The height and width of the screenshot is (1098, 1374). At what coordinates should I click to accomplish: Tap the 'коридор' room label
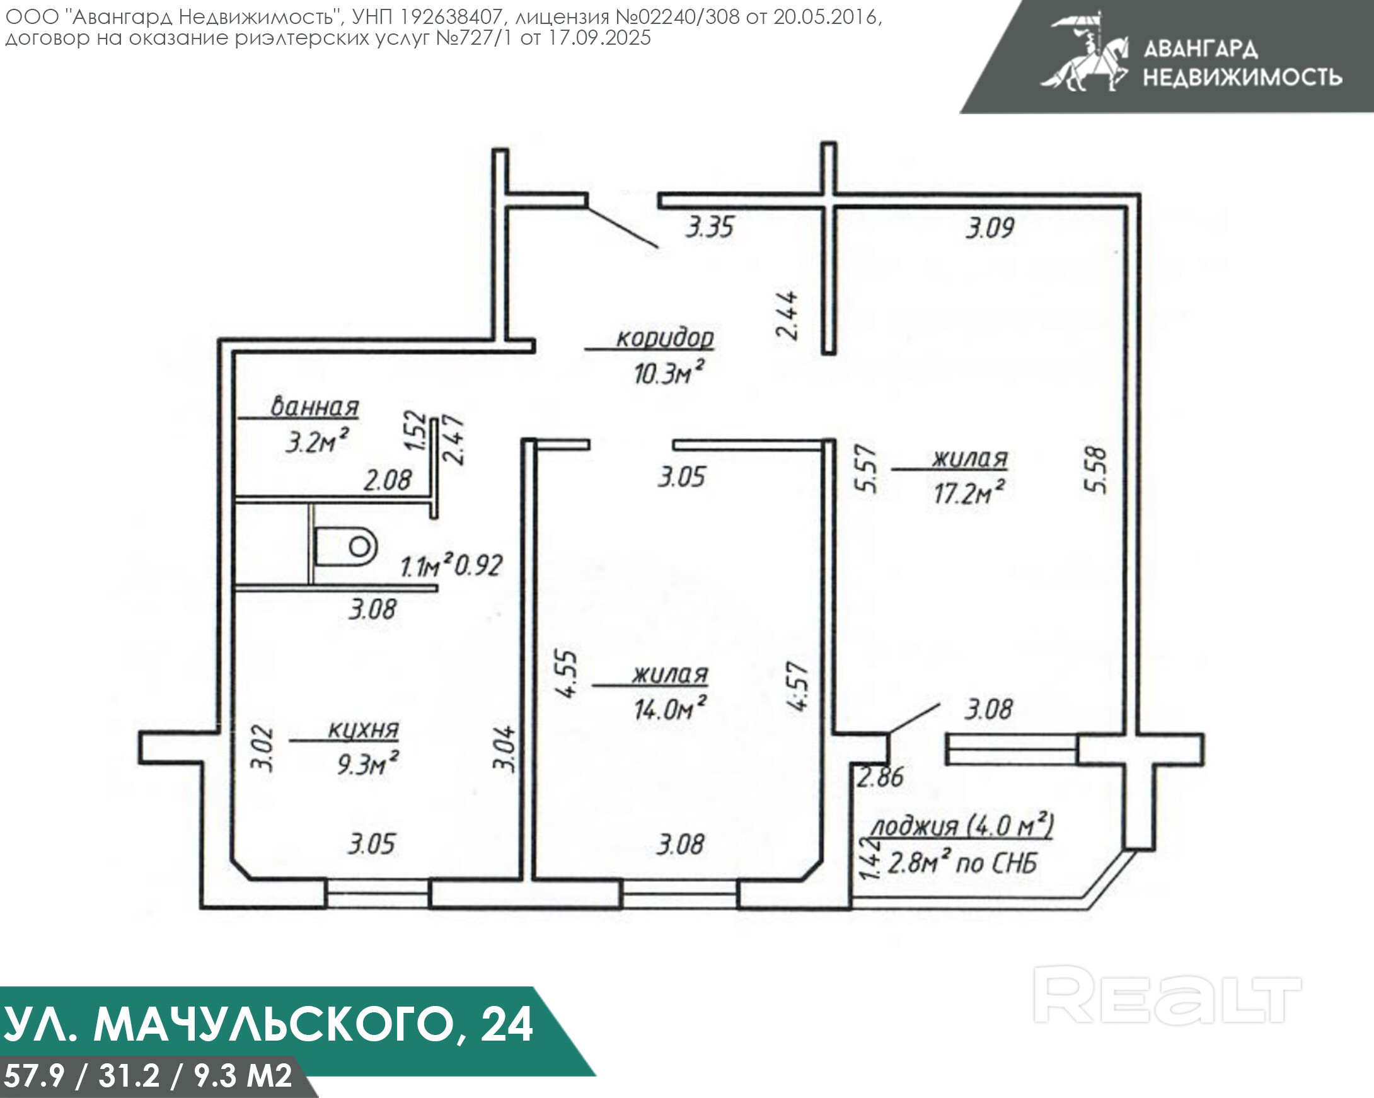point(665,338)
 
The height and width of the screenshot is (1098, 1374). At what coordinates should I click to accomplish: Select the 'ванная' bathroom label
point(315,406)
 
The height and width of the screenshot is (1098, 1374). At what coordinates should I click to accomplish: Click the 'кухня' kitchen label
point(363,729)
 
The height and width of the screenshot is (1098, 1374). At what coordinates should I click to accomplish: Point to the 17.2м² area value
point(969,492)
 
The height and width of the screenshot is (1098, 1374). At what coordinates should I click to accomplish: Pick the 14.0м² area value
point(670,708)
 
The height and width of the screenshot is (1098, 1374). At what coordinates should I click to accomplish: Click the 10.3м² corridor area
point(669,372)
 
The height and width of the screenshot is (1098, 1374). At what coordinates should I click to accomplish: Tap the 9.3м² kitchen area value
point(367,763)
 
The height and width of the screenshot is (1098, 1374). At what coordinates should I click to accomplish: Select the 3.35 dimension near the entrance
point(710,227)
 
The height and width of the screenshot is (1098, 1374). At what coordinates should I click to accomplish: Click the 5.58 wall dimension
point(1095,470)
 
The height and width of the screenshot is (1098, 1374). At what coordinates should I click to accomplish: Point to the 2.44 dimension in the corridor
point(787,315)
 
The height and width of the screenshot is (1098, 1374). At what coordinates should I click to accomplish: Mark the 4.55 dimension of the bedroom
point(567,674)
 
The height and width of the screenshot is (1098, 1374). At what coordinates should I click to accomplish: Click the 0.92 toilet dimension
point(478,565)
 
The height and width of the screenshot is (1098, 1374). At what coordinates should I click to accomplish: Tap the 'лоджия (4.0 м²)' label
point(962,826)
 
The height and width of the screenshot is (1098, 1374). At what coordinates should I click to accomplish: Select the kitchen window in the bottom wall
point(378,893)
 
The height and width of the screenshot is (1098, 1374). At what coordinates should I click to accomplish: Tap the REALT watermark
point(1167,994)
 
